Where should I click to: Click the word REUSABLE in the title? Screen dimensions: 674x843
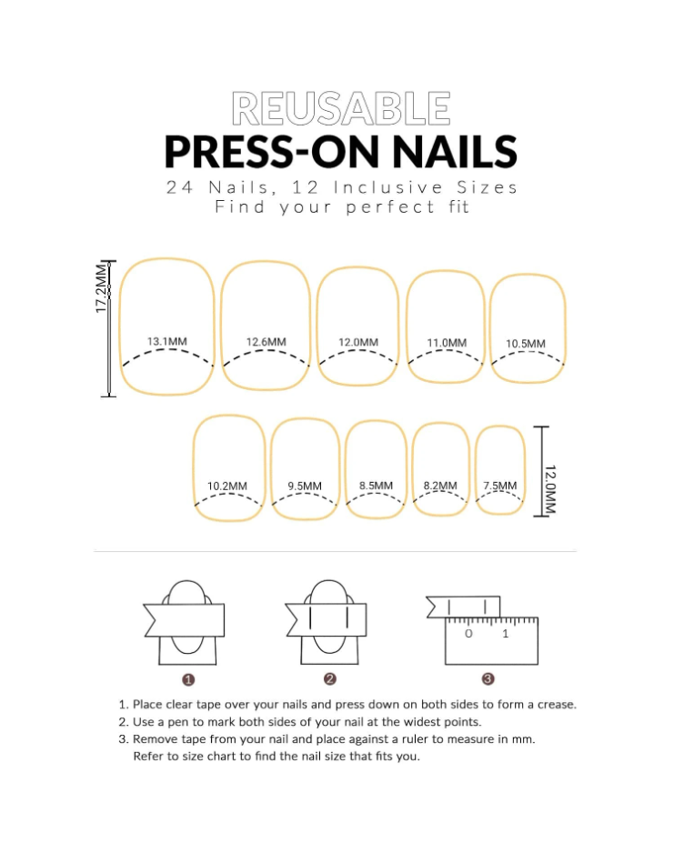tap(341, 108)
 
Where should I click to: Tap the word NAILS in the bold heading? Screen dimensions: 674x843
tap(455, 152)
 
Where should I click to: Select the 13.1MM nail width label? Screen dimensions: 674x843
tap(167, 341)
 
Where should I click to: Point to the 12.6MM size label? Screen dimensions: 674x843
tap(267, 342)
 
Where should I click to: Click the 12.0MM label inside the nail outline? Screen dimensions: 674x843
tap(358, 343)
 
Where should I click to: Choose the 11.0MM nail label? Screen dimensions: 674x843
tap(447, 343)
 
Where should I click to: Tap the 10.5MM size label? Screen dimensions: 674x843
tap(526, 344)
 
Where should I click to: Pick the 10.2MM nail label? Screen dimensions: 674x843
tap(227, 486)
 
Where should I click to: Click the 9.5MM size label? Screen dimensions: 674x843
tap(305, 486)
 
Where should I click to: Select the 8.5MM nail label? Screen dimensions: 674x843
tap(376, 486)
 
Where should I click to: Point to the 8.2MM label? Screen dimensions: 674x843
tap(440, 486)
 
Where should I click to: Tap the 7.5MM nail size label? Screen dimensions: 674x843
tap(499, 486)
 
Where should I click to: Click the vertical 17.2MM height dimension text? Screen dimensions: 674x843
tap(101, 288)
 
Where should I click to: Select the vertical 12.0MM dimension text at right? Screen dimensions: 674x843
tap(550, 489)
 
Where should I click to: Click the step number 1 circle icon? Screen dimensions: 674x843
tap(188, 680)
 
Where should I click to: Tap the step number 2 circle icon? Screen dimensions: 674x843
tap(330, 679)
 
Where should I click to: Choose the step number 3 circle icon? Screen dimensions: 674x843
tap(488, 679)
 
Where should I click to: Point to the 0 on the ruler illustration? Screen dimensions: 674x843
tap(468, 634)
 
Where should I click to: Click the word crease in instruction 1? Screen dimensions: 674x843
tap(557, 705)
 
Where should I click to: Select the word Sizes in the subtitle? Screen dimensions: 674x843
tap(487, 187)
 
